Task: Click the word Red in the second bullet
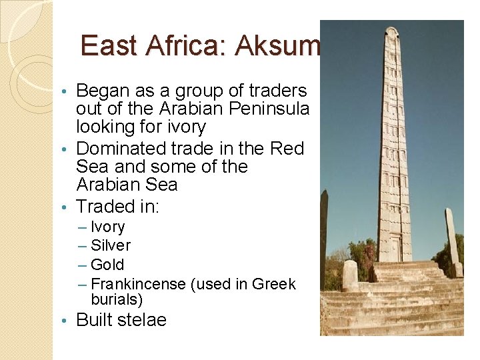coord(289,148)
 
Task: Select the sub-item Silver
coord(111,245)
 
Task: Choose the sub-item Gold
coord(107,265)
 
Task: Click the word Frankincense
coord(138,284)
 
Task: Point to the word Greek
coord(273,284)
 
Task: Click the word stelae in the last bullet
coord(142,320)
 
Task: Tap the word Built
coord(94,320)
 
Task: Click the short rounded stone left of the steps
coord(350,275)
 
